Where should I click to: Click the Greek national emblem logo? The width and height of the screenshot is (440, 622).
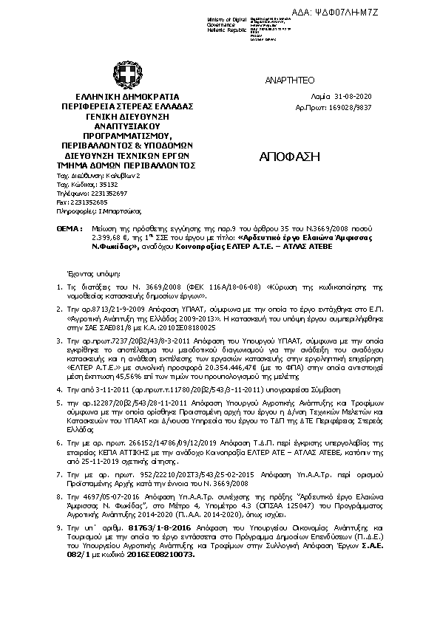[x=123, y=72]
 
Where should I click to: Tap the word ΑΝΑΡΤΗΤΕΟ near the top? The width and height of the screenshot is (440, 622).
[x=284, y=80]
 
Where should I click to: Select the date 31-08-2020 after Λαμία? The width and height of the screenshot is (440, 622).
[x=342, y=97]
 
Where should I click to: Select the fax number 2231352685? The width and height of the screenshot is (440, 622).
[x=92, y=201]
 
